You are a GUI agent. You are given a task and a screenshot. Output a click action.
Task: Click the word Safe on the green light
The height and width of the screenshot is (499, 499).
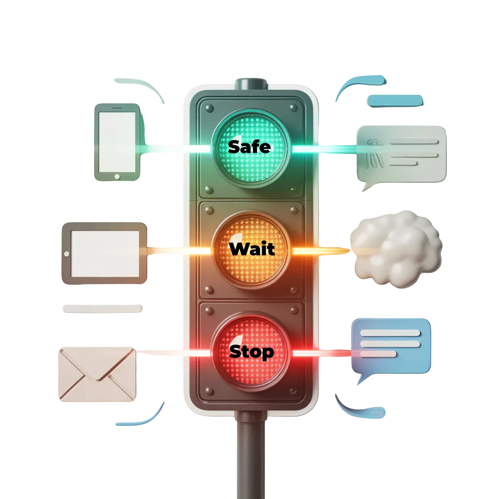click(x=249, y=146)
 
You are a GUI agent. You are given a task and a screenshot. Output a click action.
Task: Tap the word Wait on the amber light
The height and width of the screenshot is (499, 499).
click(x=251, y=249)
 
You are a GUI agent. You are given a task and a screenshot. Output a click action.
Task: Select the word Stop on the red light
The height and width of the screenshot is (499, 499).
click(x=251, y=351)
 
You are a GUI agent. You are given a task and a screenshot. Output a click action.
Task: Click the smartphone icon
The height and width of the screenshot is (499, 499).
click(x=117, y=142)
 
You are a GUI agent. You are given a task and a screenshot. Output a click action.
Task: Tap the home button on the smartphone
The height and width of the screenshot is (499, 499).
click(x=117, y=176)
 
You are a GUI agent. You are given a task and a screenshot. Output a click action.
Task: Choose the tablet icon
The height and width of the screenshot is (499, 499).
click(x=104, y=253)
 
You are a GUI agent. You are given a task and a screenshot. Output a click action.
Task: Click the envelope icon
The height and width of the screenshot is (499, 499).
click(x=96, y=373)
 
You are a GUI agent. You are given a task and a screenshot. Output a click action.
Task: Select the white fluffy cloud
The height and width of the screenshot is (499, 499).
click(x=396, y=249)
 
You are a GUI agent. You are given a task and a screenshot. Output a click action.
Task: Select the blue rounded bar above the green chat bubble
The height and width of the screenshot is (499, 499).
click(x=395, y=101)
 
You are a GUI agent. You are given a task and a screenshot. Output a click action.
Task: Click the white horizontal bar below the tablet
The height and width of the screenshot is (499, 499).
click(x=103, y=309)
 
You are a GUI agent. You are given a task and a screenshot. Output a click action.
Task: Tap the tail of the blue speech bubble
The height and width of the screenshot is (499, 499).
click(x=361, y=379)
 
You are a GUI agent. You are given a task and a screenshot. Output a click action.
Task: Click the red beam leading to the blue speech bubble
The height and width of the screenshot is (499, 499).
click(x=322, y=352)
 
